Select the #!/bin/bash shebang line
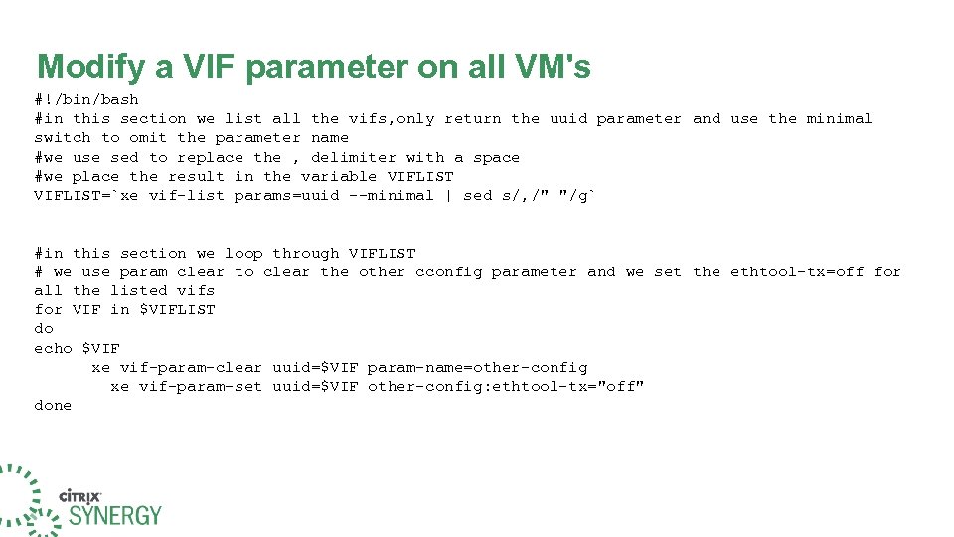pyautogui.click(x=86, y=99)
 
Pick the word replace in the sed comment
pyautogui.click(x=211, y=157)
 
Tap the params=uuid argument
pyautogui.click(x=286, y=195)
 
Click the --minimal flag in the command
pyautogui.click(x=392, y=195)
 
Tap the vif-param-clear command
pyautogui.click(x=191, y=367)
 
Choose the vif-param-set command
pyautogui.click(x=201, y=386)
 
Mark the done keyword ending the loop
pyautogui.click(x=53, y=406)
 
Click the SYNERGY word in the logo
pyautogui.click(x=114, y=515)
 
